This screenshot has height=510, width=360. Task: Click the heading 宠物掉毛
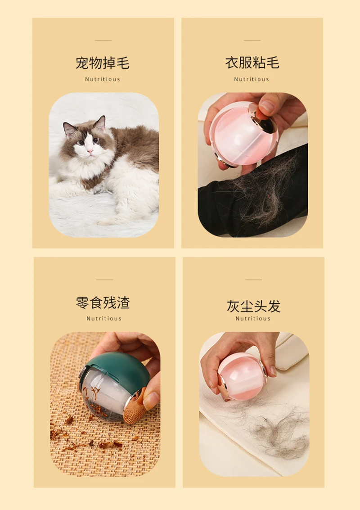[x=103, y=63]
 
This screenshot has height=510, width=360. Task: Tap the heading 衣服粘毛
[x=252, y=63]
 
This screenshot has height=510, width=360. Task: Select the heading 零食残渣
[x=103, y=302]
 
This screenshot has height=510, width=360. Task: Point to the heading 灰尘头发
[x=253, y=306]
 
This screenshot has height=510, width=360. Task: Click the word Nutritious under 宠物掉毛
[x=103, y=79]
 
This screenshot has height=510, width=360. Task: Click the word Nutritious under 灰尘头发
[x=253, y=319]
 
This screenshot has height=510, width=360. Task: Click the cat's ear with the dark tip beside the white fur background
[x=100, y=123]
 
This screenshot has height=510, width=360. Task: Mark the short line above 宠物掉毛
[x=103, y=41]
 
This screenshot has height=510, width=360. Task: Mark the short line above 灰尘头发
[x=253, y=280]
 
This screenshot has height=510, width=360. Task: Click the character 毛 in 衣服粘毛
[x=273, y=63]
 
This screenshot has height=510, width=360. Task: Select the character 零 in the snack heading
[x=83, y=302]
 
